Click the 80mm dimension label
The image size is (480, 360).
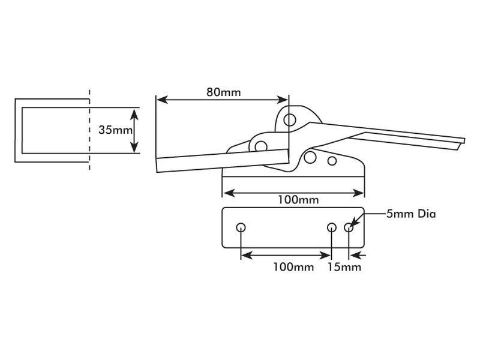(x=223, y=92)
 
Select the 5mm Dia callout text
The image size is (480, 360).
(x=410, y=214)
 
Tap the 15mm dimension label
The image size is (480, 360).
(x=344, y=266)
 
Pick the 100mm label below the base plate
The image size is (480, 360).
(x=293, y=266)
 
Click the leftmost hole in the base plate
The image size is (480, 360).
(x=241, y=227)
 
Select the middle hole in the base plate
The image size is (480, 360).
(x=332, y=227)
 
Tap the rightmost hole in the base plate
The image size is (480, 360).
(x=349, y=227)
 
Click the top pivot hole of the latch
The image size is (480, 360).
(x=290, y=119)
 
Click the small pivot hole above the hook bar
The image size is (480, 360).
(x=260, y=146)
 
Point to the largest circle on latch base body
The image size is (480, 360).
(x=310, y=157)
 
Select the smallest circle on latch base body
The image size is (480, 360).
(x=332, y=161)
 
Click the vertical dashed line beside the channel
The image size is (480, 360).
(x=90, y=129)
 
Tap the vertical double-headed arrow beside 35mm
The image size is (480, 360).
(x=135, y=130)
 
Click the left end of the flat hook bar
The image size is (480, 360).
(x=157, y=165)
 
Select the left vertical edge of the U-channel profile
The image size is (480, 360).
(x=16, y=129)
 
